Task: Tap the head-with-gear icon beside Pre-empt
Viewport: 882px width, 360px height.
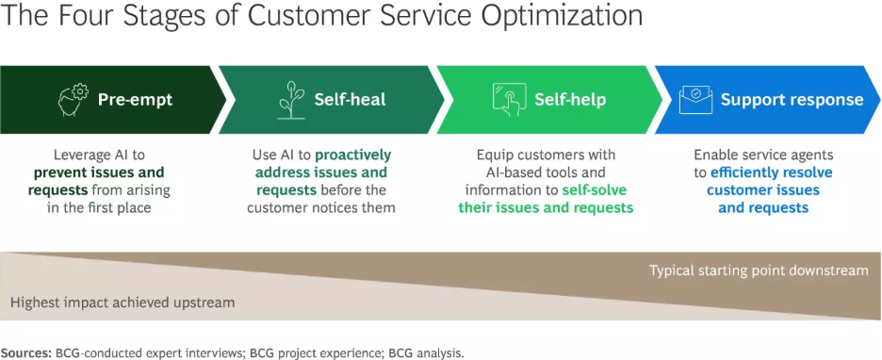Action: point(73,99)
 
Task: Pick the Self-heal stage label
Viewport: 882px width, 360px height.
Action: point(351,99)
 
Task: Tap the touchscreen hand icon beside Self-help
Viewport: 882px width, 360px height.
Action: point(507,99)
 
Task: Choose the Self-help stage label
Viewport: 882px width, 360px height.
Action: point(570,99)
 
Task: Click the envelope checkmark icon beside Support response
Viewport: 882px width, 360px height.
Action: point(696,99)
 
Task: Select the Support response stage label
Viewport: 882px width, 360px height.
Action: point(792,99)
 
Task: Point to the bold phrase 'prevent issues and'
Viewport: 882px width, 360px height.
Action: point(99,172)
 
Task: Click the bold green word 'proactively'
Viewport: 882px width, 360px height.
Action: point(352,155)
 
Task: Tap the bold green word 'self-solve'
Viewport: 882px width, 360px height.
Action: point(594,189)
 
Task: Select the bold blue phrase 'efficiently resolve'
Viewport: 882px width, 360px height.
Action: point(772,172)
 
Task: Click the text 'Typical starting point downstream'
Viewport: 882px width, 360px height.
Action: point(759,270)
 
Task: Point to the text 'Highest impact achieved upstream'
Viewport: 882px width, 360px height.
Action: point(122,303)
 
